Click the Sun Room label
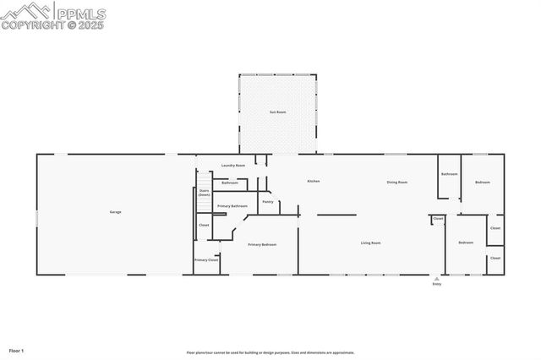coord(277,112)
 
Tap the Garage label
coord(115,211)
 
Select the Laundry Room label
coord(233,166)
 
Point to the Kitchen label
coord(314,182)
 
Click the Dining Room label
coord(397,183)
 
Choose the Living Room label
coord(370,243)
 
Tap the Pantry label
coord(267,202)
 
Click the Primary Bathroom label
coord(232,206)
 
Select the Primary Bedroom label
coord(262,244)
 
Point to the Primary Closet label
coord(206,260)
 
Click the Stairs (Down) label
coord(205,193)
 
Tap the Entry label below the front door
coord(437,284)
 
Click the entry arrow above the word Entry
coord(437,278)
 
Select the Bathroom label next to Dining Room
coord(449,174)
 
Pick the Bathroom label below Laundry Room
coord(230,183)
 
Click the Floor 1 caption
coord(17,350)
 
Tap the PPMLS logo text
coord(81,14)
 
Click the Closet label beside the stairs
coord(204,226)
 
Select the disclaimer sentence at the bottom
coord(270,352)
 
